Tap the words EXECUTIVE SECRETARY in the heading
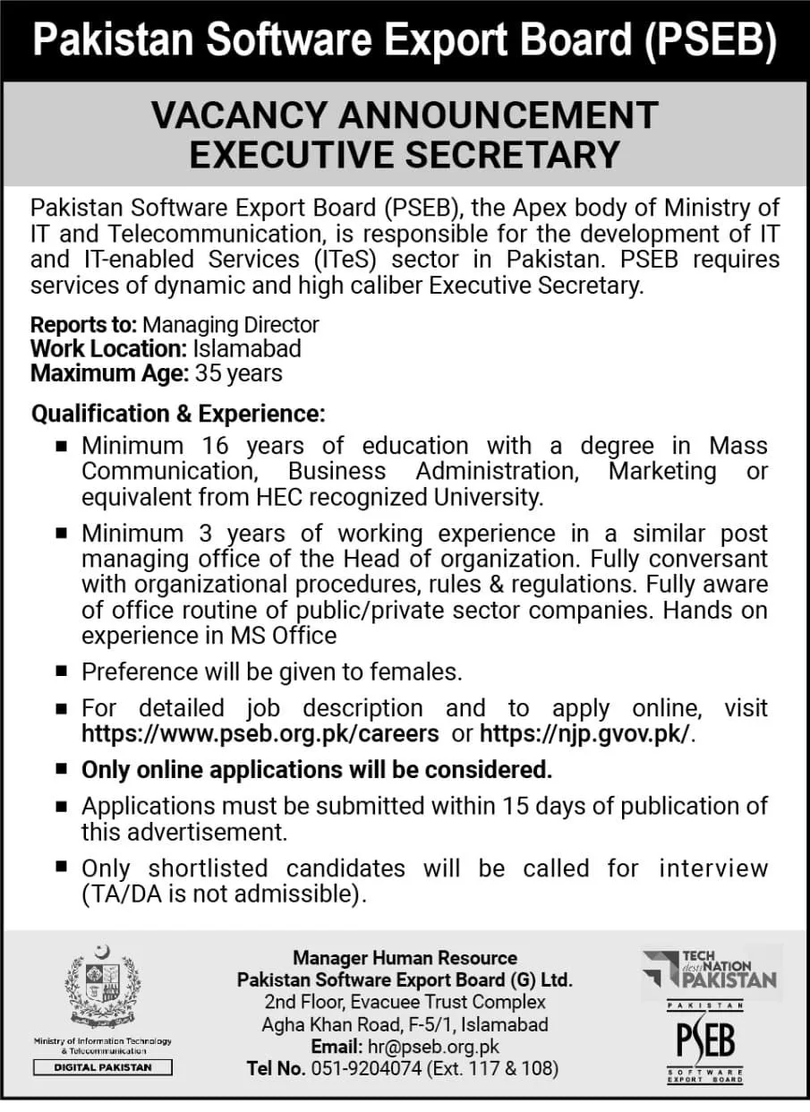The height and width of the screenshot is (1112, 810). tap(405, 154)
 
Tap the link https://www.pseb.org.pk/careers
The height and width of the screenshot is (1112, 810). tap(260, 734)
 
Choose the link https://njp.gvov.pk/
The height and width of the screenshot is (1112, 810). tap(587, 734)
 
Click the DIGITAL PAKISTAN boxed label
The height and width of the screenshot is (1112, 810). tap(103, 1067)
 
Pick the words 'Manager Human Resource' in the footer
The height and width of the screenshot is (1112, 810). tap(405, 958)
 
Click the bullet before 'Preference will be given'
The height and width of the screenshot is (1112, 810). tap(61, 671)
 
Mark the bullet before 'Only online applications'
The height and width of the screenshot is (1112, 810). tap(61, 768)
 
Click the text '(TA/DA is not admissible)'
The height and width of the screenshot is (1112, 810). tap(225, 893)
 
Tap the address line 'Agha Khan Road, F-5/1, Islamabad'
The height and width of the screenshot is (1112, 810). tap(405, 1024)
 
